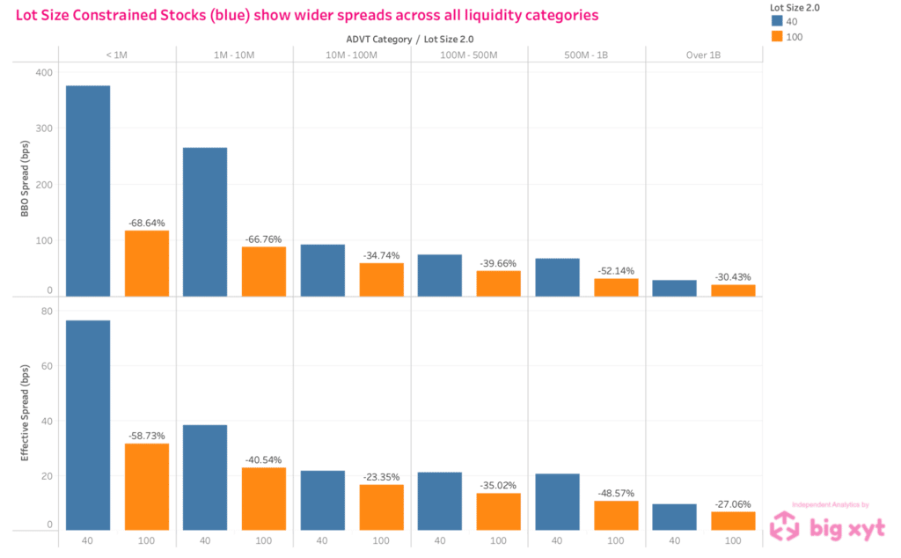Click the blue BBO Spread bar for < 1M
click(88, 190)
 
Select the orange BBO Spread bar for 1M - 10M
click(264, 271)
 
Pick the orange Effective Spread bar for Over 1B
click(733, 521)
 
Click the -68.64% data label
click(146, 223)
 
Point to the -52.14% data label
click(616, 271)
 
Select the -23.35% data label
click(381, 477)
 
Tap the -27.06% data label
click(733, 504)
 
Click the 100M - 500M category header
click(469, 55)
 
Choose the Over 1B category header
click(704, 55)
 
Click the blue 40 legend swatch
click(776, 21)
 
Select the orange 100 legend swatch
click(776, 36)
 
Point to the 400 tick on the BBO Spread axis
click(44, 71)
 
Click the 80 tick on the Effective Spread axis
click(46, 311)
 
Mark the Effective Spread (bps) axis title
click(25, 421)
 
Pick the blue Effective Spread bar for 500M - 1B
click(557, 502)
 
